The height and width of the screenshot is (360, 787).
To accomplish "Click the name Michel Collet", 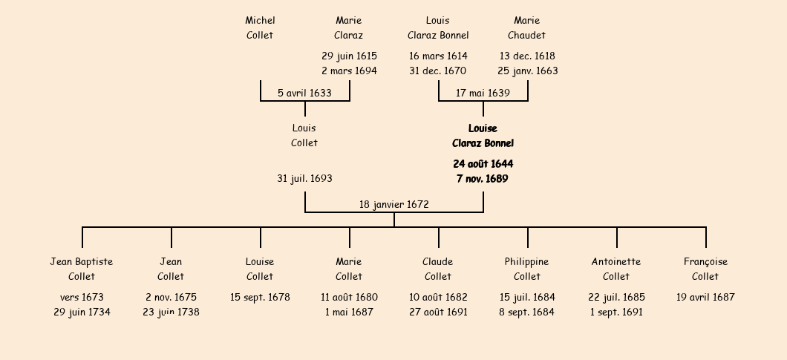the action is [260, 27].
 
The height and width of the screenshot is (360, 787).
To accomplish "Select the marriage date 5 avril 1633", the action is [304, 93].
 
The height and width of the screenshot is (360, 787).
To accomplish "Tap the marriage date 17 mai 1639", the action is [483, 93].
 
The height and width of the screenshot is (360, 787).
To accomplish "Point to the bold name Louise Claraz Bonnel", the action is [483, 136].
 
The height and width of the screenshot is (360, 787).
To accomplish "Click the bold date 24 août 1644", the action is [483, 164].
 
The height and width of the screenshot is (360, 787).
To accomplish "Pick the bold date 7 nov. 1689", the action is [483, 179].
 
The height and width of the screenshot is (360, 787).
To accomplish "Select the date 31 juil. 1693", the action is [304, 178].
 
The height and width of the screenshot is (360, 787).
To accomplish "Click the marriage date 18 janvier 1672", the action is [394, 204].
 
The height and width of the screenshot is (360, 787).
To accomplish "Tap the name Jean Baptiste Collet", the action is [82, 269].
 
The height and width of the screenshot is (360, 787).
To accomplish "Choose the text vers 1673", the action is [82, 297].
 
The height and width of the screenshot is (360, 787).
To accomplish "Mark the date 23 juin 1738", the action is [171, 312].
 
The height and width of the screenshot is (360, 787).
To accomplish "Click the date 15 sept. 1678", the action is [260, 297].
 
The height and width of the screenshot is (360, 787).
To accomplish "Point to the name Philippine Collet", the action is [527, 269].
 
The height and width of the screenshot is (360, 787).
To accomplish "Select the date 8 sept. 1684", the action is [527, 312].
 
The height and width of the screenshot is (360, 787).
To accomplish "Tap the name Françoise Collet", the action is [705, 269].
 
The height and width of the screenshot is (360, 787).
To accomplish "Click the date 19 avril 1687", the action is [705, 297].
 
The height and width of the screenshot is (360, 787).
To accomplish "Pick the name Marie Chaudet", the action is [527, 27].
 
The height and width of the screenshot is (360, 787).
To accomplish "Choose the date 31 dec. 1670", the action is [437, 71].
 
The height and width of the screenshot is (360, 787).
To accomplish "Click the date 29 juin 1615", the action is [349, 56].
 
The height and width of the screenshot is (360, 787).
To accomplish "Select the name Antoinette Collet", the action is [616, 269].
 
